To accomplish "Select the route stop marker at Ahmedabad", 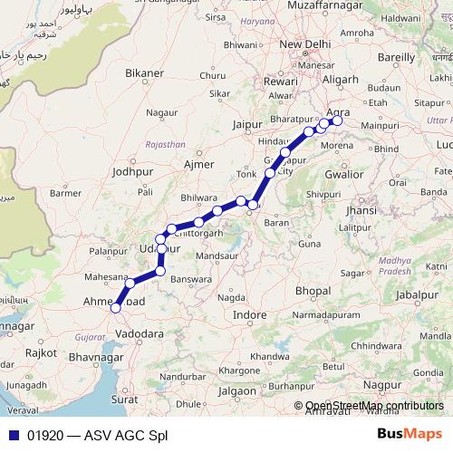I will tap(115, 308).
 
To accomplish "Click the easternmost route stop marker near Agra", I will tap(338, 120).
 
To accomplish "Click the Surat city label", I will tap(123, 398).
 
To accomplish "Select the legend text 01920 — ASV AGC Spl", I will tap(97, 434).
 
